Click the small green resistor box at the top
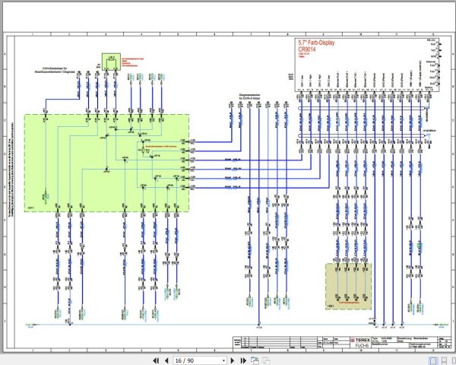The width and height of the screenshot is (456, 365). pos(112,61)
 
